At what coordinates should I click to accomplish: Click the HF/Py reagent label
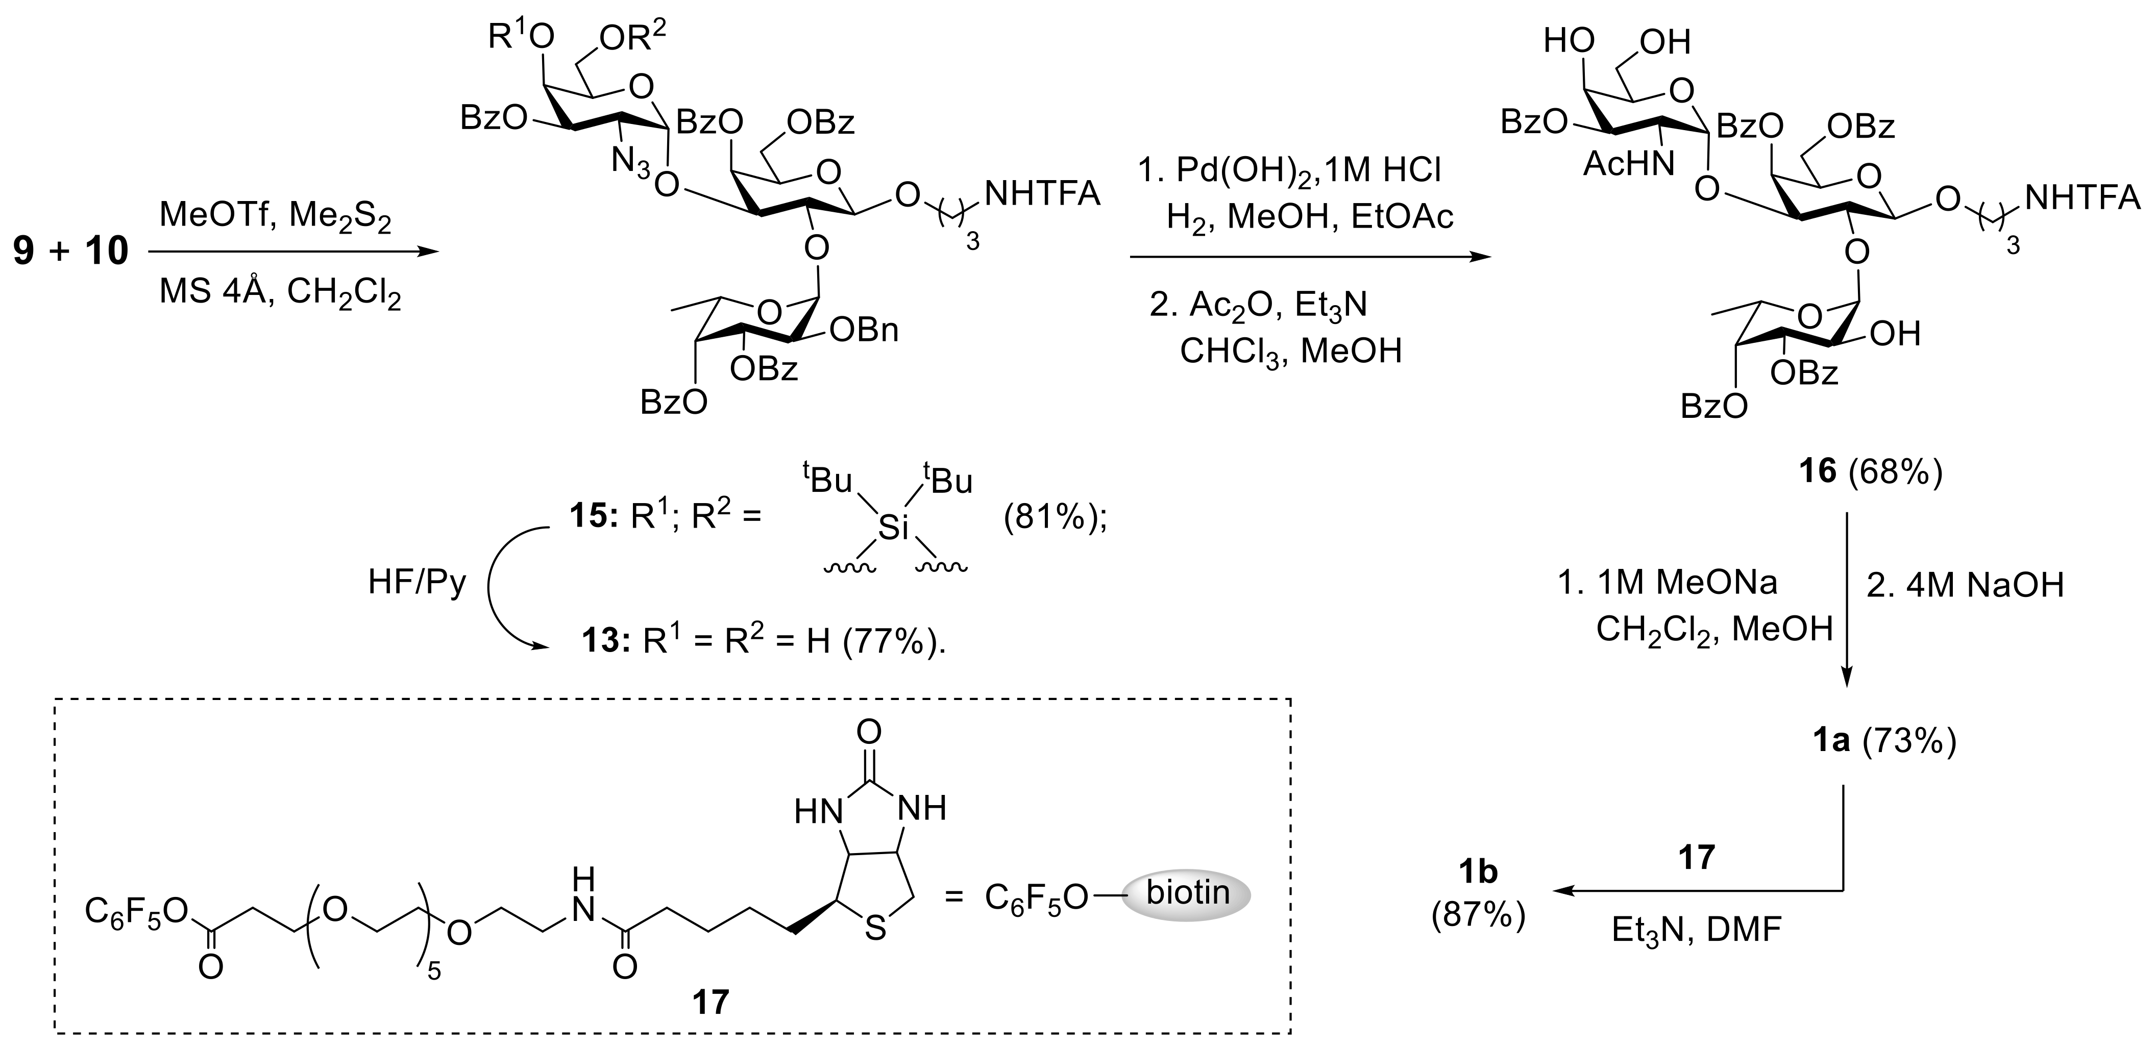(x=417, y=582)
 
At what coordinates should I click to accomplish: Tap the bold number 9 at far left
(x=25, y=251)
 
